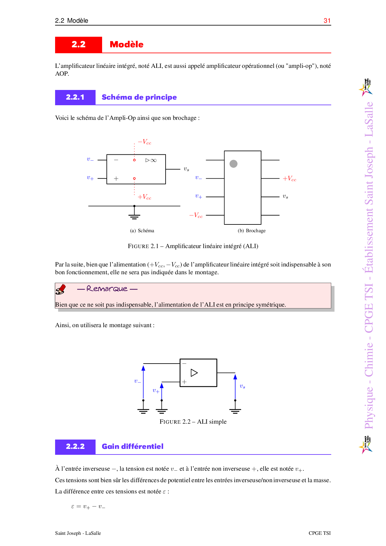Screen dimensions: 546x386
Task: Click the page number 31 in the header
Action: pyautogui.click(x=327, y=21)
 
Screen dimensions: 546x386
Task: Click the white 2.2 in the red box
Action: pyautogui.click(x=78, y=45)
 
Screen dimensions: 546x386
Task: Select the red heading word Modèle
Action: pyautogui.click(x=126, y=45)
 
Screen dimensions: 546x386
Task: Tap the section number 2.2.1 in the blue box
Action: pyautogui.click(x=75, y=97)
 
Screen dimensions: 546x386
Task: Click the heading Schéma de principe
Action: pyautogui.click(x=139, y=97)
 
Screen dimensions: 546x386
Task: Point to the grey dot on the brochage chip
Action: pyautogui.click(x=233, y=164)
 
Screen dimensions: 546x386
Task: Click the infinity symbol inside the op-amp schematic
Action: pyautogui.click(x=153, y=160)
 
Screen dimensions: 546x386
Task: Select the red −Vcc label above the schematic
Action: pyautogui.click(x=145, y=142)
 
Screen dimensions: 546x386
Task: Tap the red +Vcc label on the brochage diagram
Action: pyautogui.click(x=289, y=179)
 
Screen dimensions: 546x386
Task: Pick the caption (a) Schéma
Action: pyautogui.click(x=142, y=231)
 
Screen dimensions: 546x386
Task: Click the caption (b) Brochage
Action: pyautogui.click(x=252, y=231)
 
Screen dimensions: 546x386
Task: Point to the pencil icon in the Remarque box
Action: pyautogui.click(x=61, y=289)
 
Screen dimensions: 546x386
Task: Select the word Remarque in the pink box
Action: pyautogui.click(x=107, y=289)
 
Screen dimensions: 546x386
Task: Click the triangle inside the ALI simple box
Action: pyautogui.click(x=194, y=373)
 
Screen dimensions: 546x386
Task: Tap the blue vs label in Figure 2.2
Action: pyautogui.click(x=242, y=386)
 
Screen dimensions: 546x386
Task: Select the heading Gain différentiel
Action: pyautogui.click(x=133, y=446)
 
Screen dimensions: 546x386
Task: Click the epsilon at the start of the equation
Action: pyautogui.click(x=73, y=506)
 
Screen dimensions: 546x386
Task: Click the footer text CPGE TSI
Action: pyautogui.click(x=319, y=533)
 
